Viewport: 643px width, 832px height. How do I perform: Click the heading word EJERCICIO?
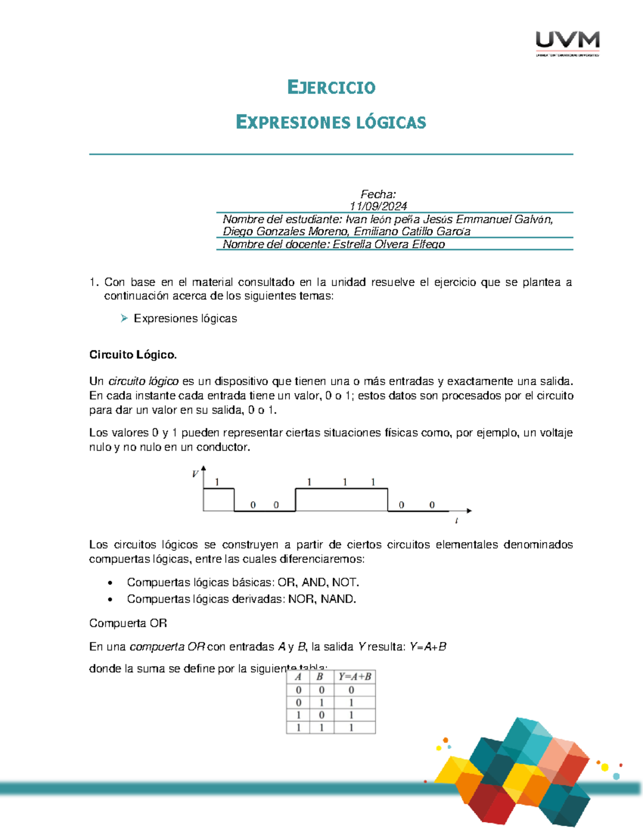(331, 87)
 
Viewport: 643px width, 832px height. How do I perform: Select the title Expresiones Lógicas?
(331, 122)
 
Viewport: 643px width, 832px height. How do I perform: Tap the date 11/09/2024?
(378, 206)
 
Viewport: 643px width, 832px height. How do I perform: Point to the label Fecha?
(378, 194)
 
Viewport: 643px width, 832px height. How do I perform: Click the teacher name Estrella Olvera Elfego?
(388, 244)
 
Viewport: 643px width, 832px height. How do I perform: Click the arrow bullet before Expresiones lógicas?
(124, 318)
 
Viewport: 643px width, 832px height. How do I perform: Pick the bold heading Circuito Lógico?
(133, 355)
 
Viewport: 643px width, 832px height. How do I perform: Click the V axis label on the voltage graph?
(195, 474)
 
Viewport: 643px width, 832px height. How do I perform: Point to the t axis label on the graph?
(456, 520)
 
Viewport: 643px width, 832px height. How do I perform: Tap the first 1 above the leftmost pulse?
(217, 482)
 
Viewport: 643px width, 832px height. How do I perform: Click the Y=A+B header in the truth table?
(354, 677)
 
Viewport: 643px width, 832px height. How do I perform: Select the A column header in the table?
(298, 677)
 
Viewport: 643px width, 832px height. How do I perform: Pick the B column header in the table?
(321, 677)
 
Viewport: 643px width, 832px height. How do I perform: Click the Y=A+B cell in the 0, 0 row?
(352, 690)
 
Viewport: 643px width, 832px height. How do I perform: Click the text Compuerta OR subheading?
(128, 623)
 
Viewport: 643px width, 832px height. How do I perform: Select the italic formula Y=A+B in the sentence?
(428, 647)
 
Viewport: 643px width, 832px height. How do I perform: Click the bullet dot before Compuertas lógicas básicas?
(110, 583)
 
